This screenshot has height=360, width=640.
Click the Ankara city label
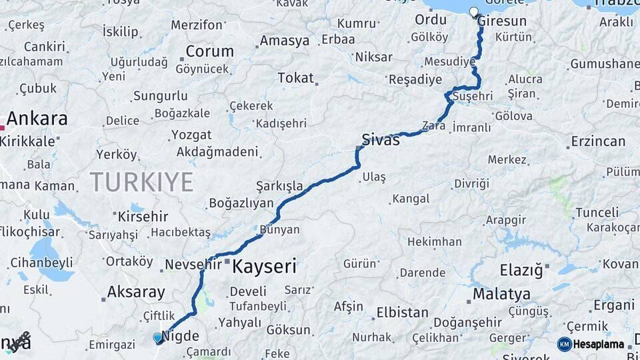37,119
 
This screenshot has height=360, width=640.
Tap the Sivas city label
381,140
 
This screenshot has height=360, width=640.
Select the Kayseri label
264,267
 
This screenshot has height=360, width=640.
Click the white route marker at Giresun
474,12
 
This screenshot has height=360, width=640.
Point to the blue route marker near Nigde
157,338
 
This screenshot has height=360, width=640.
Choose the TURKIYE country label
142,181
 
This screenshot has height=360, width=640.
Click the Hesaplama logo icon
564,344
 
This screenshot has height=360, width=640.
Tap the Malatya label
501,294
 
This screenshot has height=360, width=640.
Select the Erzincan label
598,141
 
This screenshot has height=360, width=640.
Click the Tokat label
295,78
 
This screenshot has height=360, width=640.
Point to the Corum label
209,51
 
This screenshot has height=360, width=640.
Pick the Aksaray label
136,292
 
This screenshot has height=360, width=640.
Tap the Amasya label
285,41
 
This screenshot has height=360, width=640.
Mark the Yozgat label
191,135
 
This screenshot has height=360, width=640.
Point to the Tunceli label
597,213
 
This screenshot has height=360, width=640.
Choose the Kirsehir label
145,217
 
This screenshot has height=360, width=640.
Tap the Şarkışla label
279,186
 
